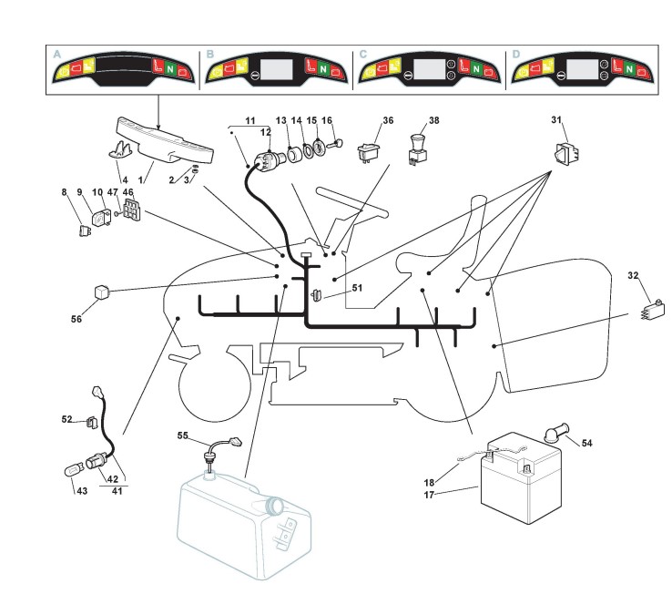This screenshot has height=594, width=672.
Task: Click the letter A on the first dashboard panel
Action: click(57, 55)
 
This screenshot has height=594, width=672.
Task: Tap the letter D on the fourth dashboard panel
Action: click(516, 55)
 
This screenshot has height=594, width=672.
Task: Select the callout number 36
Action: click(388, 120)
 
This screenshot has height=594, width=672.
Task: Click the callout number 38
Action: click(433, 120)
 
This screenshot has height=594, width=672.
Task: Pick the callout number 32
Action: click(632, 275)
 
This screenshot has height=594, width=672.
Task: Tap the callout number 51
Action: click(357, 288)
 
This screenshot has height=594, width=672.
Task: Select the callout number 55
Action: click(183, 435)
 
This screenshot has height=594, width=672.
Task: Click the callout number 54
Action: click(586, 443)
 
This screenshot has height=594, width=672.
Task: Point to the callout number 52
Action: click(66, 419)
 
